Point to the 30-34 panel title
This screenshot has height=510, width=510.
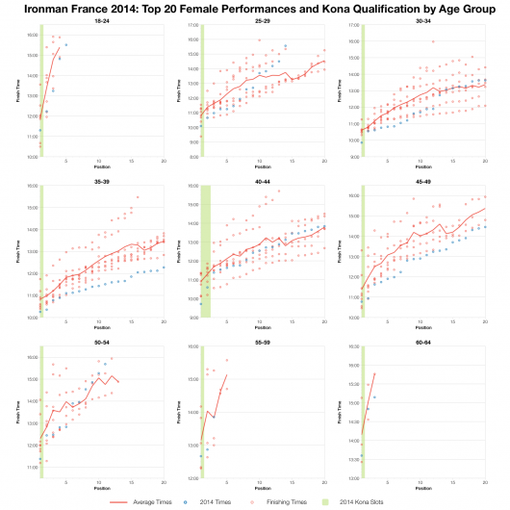coord(423,20)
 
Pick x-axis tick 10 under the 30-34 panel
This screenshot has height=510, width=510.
coord(422,161)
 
